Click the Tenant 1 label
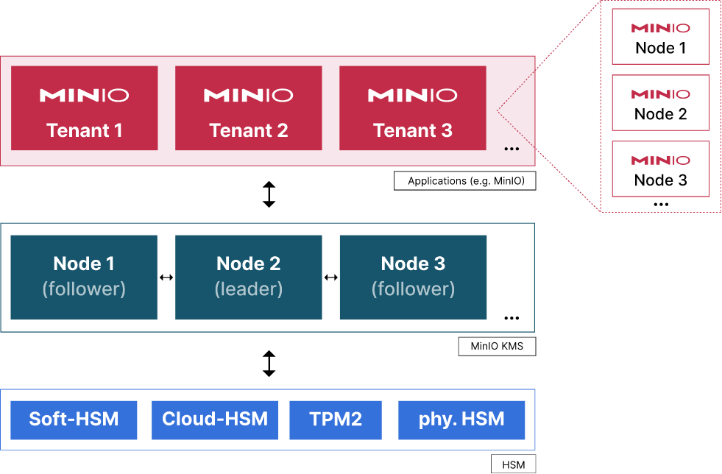point(84,130)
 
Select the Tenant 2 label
point(248,130)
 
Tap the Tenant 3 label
point(412,130)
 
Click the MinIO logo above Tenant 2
point(248,95)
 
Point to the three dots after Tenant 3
point(512,149)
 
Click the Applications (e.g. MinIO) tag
point(465,181)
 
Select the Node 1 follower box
point(84,277)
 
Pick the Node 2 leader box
point(249,277)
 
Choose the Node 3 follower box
point(413,277)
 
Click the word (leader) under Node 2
point(249,289)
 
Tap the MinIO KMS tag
point(497,346)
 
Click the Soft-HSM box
point(74,420)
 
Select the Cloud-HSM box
point(215,420)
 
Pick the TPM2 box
point(336,420)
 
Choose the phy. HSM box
point(461,420)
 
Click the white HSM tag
point(513,464)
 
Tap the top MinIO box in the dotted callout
point(661,36)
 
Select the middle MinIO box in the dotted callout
point(661,102)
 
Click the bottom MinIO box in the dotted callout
point(661,169)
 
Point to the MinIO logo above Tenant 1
point(84,95)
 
